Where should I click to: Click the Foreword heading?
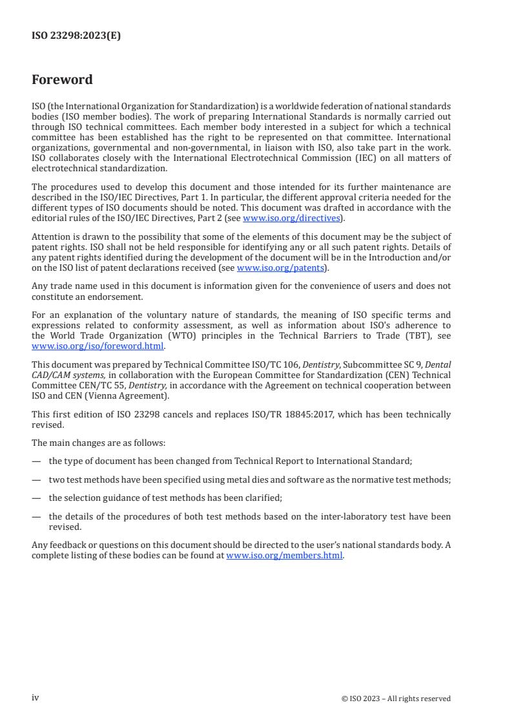[x=62, y=80]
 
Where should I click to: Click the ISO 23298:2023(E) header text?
[x=76, y=36]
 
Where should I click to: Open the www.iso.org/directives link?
[x=291, y=218]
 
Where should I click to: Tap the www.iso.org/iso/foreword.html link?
[x=97, y=346]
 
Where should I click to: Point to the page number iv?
[x=36, y=698]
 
